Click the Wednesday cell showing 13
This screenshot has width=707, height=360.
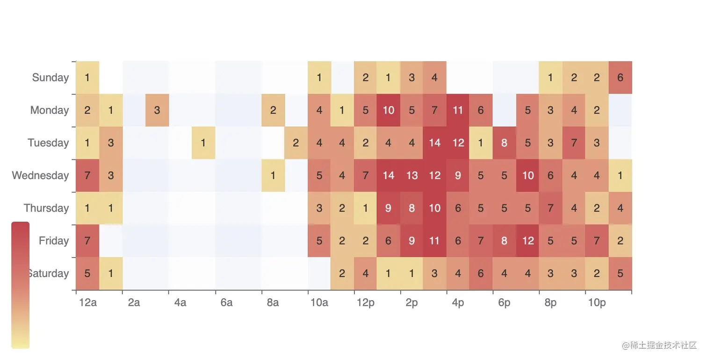[411, 175]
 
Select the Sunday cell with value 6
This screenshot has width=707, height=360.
[620, 78]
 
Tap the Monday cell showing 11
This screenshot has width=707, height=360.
[458, 110]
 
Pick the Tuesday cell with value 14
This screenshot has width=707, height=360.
[435, 143]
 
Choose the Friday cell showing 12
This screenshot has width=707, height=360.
[528, 241]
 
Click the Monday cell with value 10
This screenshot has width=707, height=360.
[389, 110]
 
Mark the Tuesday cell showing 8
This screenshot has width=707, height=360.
[504, 143]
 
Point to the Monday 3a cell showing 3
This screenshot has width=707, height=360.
[157, 110]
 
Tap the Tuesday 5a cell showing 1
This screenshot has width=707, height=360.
[203, 143]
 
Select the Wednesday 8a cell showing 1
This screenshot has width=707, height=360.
[273, 175]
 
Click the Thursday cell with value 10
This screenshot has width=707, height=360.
[435, 208]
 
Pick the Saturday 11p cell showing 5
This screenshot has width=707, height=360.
[620, 274]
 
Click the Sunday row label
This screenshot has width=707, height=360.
[50, 78]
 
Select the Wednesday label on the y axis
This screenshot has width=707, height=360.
[40, 175]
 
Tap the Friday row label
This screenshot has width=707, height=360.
[54, 241]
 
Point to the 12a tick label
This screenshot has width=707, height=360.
[88, 303]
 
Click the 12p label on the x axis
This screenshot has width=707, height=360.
[365, 303]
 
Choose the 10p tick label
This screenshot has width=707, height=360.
[597, 303]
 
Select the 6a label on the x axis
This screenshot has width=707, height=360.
[226, 303]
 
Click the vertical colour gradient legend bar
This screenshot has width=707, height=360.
[20, 285]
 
